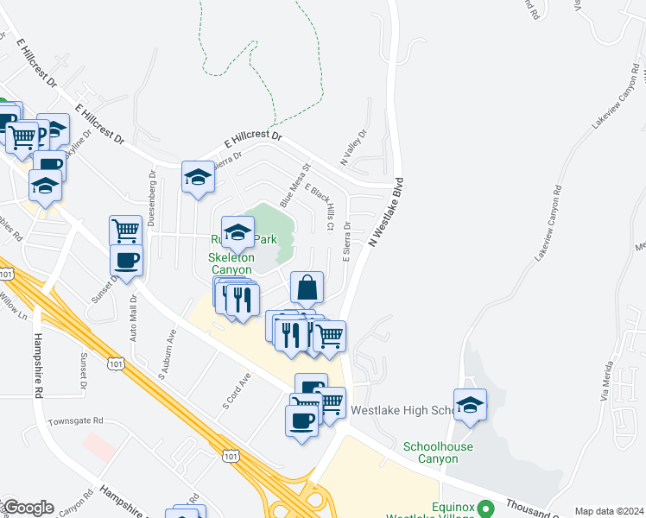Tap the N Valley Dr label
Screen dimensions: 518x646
coord(354,148)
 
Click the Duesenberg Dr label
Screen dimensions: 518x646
coord(150,198)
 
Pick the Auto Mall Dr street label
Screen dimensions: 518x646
coord(134,316)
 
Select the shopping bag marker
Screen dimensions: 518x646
coord(307,288)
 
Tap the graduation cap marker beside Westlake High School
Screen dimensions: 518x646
coord(470,406)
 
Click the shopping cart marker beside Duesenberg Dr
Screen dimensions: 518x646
coord(125,231)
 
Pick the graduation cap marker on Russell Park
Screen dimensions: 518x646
coord(237,231)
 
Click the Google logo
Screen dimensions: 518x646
coord(28,508)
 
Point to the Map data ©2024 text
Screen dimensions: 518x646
coord(609,511)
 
